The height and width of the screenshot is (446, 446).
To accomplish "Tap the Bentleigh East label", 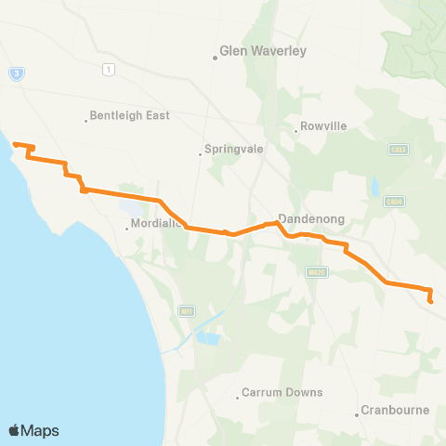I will coord(121,117).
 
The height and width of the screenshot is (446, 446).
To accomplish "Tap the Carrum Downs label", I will coord(282,392).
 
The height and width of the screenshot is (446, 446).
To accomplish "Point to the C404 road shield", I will coord(394,201).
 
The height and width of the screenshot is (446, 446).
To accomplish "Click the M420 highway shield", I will coord(314,271).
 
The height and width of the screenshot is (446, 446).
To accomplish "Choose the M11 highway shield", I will coord(186,309).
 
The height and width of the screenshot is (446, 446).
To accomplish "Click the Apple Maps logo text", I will coord(33,430).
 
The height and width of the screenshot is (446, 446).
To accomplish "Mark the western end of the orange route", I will coord(13,144).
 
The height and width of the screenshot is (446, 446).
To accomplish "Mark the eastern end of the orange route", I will coord(431,300).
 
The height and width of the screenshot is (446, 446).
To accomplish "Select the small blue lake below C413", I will coord(374,188).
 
